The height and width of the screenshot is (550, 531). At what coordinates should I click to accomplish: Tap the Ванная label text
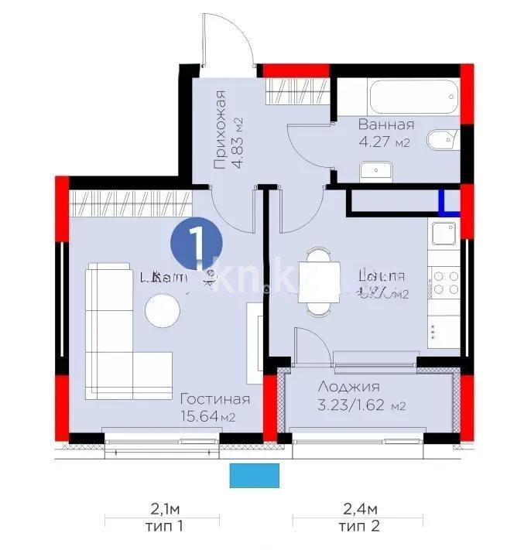(385, 125)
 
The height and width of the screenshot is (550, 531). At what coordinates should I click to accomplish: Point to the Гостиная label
(214, 399)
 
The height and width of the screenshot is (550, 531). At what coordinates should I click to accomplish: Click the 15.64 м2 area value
(207, 417)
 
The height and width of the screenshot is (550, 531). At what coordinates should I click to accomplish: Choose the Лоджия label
(348, 387)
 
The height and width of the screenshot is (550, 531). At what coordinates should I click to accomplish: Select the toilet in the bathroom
(444, 141)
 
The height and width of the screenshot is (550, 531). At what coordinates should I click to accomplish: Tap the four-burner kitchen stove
(446, 282)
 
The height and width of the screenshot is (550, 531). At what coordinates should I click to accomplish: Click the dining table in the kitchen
(318, 281)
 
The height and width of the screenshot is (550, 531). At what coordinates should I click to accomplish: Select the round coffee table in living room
(163, 311)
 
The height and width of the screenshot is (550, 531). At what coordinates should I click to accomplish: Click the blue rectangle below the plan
(255, 475)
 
